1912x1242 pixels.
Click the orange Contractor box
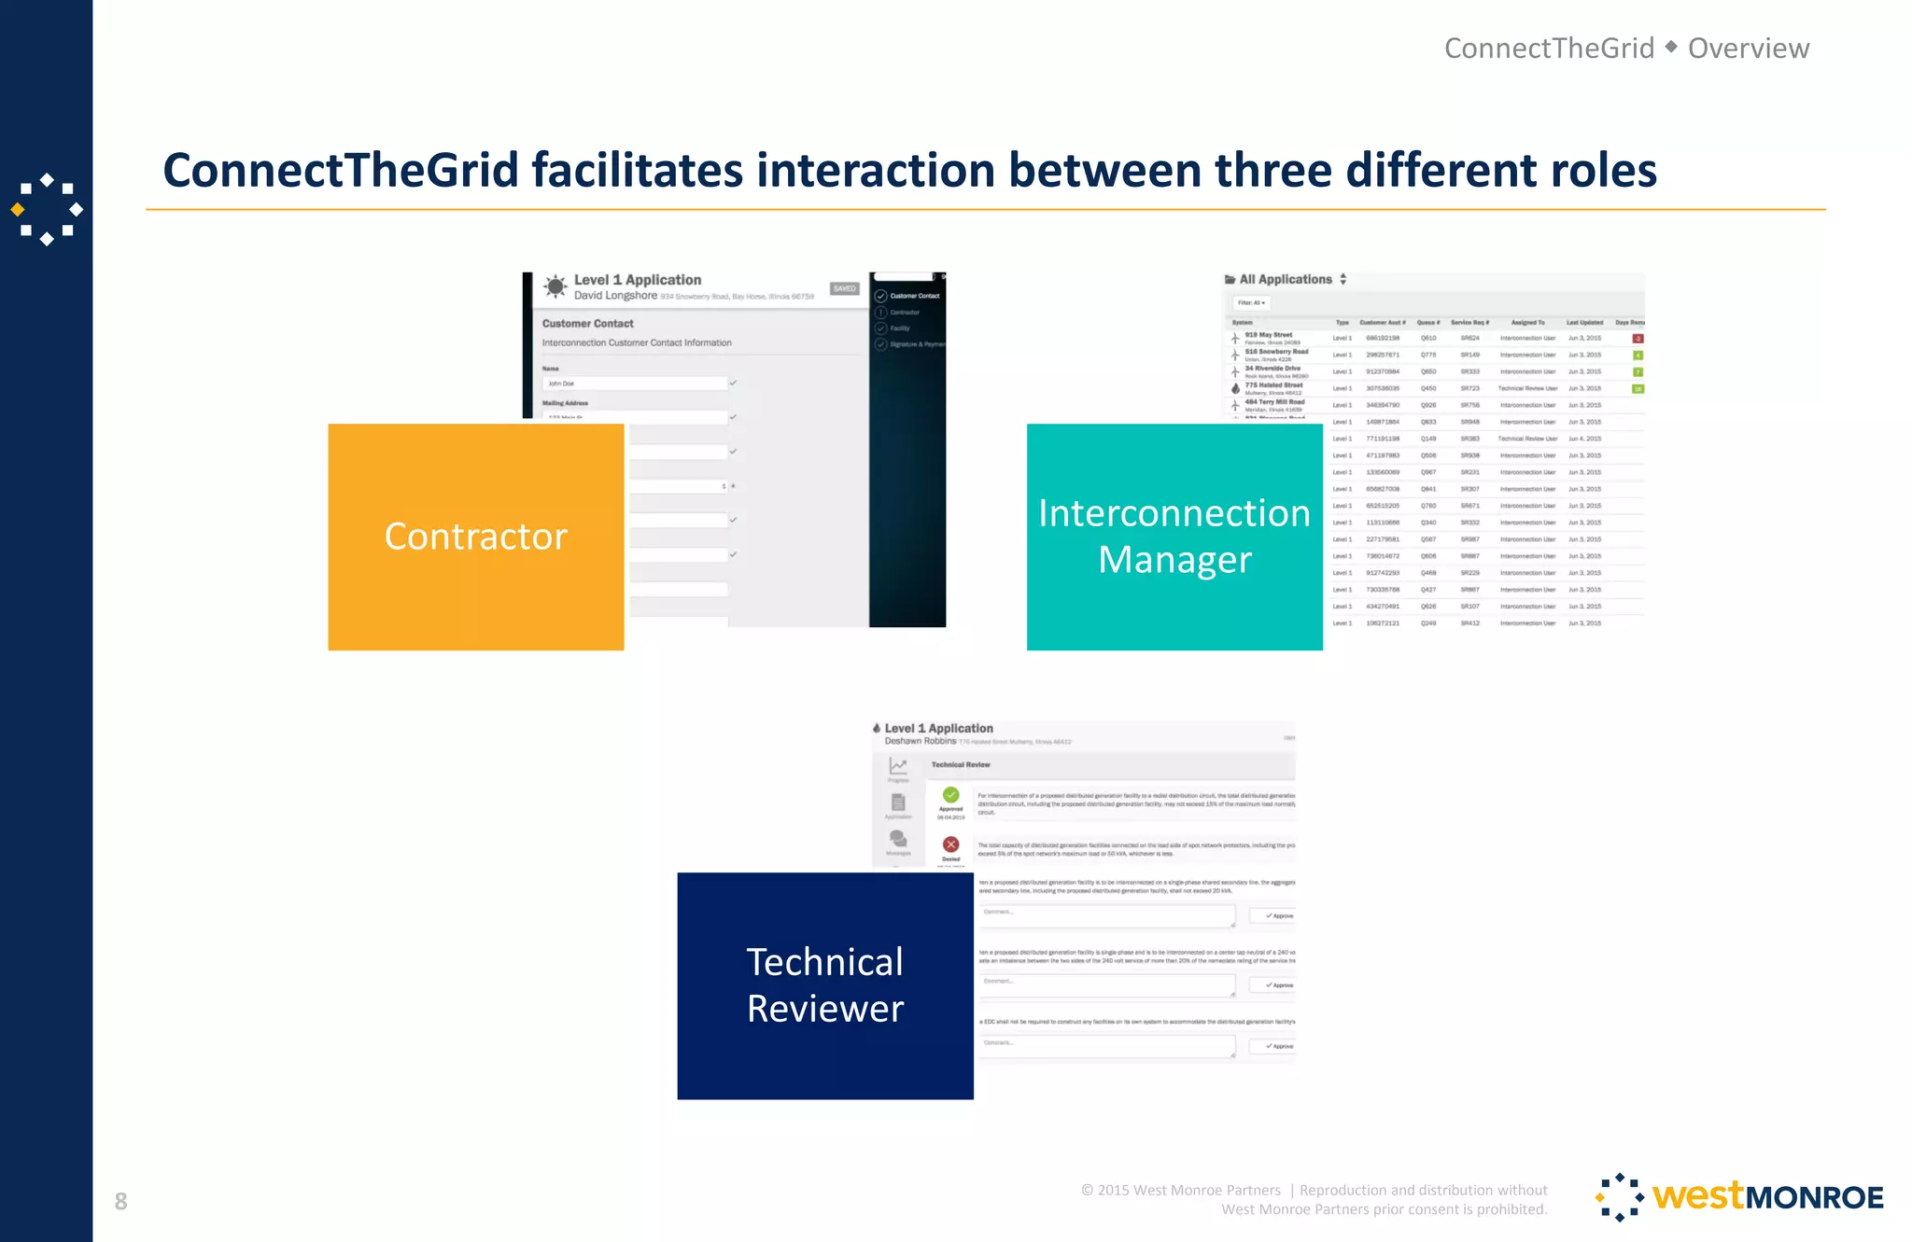475,537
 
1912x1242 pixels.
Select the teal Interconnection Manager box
1174,537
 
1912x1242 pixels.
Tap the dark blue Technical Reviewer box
824,985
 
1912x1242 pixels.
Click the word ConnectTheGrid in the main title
340,171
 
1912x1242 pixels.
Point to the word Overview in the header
1748,49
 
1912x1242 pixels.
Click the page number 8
120,1201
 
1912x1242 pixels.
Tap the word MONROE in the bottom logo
1814,1197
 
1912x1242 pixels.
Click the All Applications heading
1285,279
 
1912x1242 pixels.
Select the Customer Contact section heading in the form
587,324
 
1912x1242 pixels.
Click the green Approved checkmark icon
950,795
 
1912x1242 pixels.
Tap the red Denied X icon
950,844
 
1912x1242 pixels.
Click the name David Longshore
615,296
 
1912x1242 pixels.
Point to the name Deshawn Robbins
920,741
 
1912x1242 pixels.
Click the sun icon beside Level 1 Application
555,286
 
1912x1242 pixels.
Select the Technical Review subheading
960,764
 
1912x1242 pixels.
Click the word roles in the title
1603,171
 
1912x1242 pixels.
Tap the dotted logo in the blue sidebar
47,210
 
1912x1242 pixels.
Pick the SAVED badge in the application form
844,288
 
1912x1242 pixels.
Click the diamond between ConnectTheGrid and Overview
1671,47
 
